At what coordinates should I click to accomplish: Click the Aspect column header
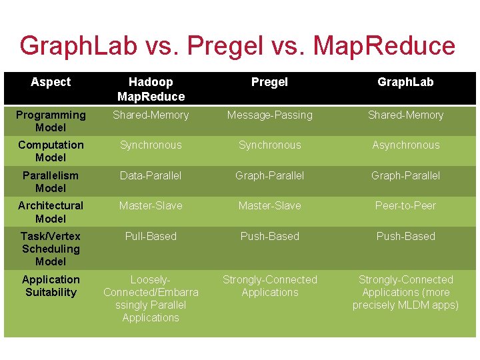click(x=51, y=82)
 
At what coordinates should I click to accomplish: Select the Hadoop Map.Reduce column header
click(x=151, y=89)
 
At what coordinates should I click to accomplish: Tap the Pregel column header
click(x=270, y=82)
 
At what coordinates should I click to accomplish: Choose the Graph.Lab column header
click(x=405, y=82)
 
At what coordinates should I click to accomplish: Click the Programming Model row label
click(x=51, y=121)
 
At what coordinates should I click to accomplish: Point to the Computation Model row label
click(x=51, y=151)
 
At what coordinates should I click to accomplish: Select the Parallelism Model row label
click(x=51, y=181)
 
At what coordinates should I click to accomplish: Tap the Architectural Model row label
click(x=51, y=212)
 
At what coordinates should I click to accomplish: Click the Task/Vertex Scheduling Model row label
click(x=51, y=249)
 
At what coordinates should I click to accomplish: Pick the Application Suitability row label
click(x=51, y=285)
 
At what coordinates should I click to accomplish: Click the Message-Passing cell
click(x=270, y=115)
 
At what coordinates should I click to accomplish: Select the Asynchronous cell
click(x=405, y=145)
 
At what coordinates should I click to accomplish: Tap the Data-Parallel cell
click(x=151, y=175)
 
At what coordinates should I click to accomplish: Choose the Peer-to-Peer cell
click(x=405, y=205)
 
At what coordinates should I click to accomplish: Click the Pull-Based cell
click(x=151, y=236)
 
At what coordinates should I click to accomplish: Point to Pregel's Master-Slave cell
click(x=270, y=205)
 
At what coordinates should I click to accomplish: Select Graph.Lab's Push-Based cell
click(x=405, y=236)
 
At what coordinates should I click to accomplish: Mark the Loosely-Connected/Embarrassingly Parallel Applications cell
click(x=151, y=298)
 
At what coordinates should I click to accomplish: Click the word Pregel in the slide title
click(x=225, y=47)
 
